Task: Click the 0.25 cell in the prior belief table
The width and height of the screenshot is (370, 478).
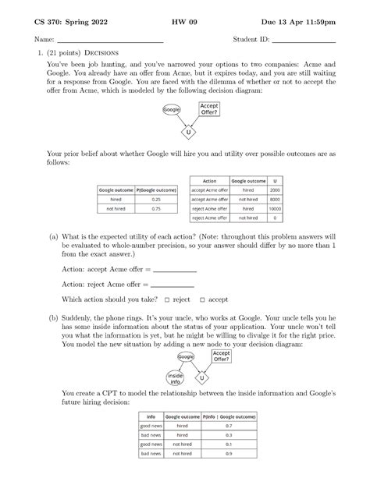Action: tap(157, 199)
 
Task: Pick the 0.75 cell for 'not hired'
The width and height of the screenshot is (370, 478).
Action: tap(157, 209)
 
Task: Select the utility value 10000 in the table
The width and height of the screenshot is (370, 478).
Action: tap(274, 208)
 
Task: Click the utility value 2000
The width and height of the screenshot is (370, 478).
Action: tap(274, 189)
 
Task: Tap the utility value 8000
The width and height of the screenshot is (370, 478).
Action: tap(274, 199)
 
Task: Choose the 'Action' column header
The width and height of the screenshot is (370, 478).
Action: tap(209, 180)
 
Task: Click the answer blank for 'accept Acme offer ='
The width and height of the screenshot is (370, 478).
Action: tap(175, 269)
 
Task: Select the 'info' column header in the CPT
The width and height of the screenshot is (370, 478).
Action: tap(151, 417)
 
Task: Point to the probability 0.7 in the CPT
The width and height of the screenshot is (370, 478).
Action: tap(228, 427)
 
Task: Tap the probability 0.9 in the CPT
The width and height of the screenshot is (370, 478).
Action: tap(228, 453)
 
